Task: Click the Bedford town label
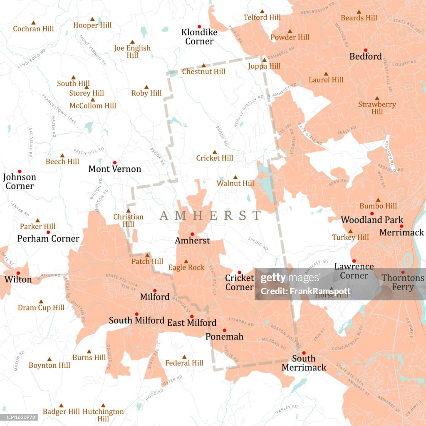coord(365,57)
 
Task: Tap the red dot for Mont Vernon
coord(114,162)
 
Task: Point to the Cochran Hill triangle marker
coord(34,22)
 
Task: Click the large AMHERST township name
coord(211,215)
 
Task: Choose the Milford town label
coord(155,297)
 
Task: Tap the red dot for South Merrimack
coord(304,353)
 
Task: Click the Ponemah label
coord(224,337)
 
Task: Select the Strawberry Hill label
coord(377,108)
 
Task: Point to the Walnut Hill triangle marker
coord(235,177)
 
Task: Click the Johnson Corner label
coord(20,181)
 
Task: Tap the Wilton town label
coord(18,280)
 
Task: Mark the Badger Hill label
coord(61,412)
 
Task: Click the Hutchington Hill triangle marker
coord(103,405)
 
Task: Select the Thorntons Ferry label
coord(403,282)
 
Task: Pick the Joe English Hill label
coord(132,52)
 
